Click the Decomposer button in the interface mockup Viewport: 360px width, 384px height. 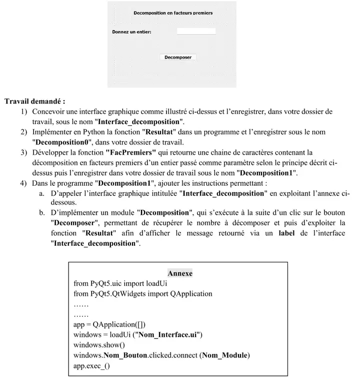click(x=178, y=57)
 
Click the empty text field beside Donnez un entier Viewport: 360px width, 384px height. click(x=196, y=31)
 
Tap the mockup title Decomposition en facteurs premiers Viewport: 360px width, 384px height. click(x=173, y=13)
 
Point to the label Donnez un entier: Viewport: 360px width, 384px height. click(x=132, y=32)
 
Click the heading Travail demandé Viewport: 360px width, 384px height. click(x=34, y=101)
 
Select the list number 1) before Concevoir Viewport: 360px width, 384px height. click(x=24, y=111)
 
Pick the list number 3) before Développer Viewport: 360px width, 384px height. click(x=24, y=152)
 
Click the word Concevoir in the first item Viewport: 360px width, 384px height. click(x=49, y=111)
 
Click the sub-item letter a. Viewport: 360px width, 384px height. click(x=41, y=193)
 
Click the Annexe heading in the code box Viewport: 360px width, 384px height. click(x=180, y=273)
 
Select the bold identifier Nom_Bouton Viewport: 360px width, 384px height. click(x=123, y=355)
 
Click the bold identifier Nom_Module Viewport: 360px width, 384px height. click(x=224, y=355)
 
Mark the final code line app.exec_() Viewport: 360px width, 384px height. click(x=91, y=365)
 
